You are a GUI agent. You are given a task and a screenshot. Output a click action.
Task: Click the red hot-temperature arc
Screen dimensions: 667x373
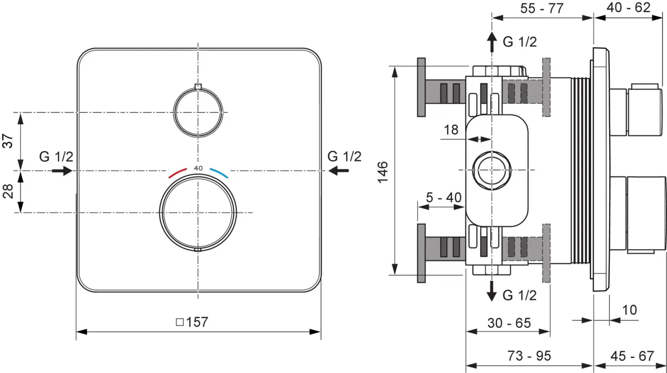click(x=177, y=173)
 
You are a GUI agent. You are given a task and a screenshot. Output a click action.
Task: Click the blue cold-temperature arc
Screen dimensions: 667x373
click(x=219, y=173)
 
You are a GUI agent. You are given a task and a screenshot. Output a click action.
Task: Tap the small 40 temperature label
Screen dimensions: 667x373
click(x=198, y=168)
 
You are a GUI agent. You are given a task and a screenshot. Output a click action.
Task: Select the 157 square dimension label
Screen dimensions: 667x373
click(x=192, y=322)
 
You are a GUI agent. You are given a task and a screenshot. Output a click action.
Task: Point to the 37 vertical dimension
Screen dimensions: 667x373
click(x=8, y=141)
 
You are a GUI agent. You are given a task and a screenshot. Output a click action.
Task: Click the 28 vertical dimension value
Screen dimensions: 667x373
click(x=8, y=191)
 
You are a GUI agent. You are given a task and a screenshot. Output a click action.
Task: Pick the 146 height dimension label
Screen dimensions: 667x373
click(x=382, y=173)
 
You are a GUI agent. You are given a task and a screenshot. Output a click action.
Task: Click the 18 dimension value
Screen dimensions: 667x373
click(x=451, y=130)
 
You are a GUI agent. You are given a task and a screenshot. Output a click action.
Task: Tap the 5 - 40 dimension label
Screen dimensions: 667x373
click(x=444, y=197)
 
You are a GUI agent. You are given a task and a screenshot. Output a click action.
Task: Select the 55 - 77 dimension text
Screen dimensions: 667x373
click(x=542, y=8)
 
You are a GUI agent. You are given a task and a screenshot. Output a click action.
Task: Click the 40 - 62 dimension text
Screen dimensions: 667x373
click(x=628, y=7)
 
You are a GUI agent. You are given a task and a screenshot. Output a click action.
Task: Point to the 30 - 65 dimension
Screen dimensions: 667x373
click(x=509, y=323)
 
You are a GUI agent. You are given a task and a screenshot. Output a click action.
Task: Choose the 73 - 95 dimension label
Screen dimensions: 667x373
click(x=529, y=356)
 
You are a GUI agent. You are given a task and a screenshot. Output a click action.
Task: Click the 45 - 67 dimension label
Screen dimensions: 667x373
click(x=632, y=356)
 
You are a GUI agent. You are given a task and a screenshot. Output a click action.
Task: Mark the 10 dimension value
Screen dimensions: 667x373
click(x=629, y=310)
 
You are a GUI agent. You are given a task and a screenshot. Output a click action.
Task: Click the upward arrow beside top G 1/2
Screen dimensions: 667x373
click(x=491, y=42)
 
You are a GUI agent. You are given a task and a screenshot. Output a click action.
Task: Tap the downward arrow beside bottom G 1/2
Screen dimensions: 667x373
click(x=491, y=291)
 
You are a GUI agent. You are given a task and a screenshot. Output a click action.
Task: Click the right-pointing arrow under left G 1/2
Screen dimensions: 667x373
click(x=62, y=171)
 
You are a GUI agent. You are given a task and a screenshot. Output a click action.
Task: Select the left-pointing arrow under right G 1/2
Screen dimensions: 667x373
click(x=339, y=171)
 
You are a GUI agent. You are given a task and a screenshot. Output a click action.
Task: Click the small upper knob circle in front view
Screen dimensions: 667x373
click(x=198, y=89)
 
